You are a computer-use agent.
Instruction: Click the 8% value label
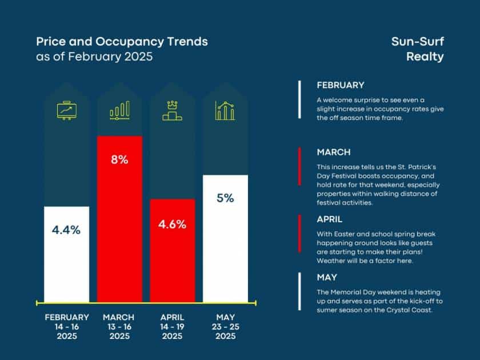[x=119, y=159]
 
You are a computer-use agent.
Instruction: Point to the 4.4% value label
[x=66, y=230]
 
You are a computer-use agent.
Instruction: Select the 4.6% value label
[x=173, y=224]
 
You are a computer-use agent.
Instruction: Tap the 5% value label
[x=225, y=198]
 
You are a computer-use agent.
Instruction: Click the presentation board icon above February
[x=66, y=111]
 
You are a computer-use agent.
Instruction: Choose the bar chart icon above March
[x=119, y=111]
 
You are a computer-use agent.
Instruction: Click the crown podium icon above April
[x=173, y=111]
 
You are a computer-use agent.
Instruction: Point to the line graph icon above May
[x=225, y=111]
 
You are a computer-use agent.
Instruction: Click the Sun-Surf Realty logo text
[x=417, y=49]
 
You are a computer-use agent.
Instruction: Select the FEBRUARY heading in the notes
[x=341, y=85]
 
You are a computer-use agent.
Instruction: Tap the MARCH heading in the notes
[x=334, y=153]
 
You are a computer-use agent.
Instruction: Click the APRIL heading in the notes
[x=330, y=219]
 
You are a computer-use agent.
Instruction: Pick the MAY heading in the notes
[x=327, y=278]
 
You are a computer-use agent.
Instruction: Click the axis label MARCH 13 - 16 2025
[x=119, y=326]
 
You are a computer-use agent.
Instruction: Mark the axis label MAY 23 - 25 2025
[x=225, y=326]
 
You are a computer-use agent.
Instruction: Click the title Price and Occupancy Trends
[x=122, y=42]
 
